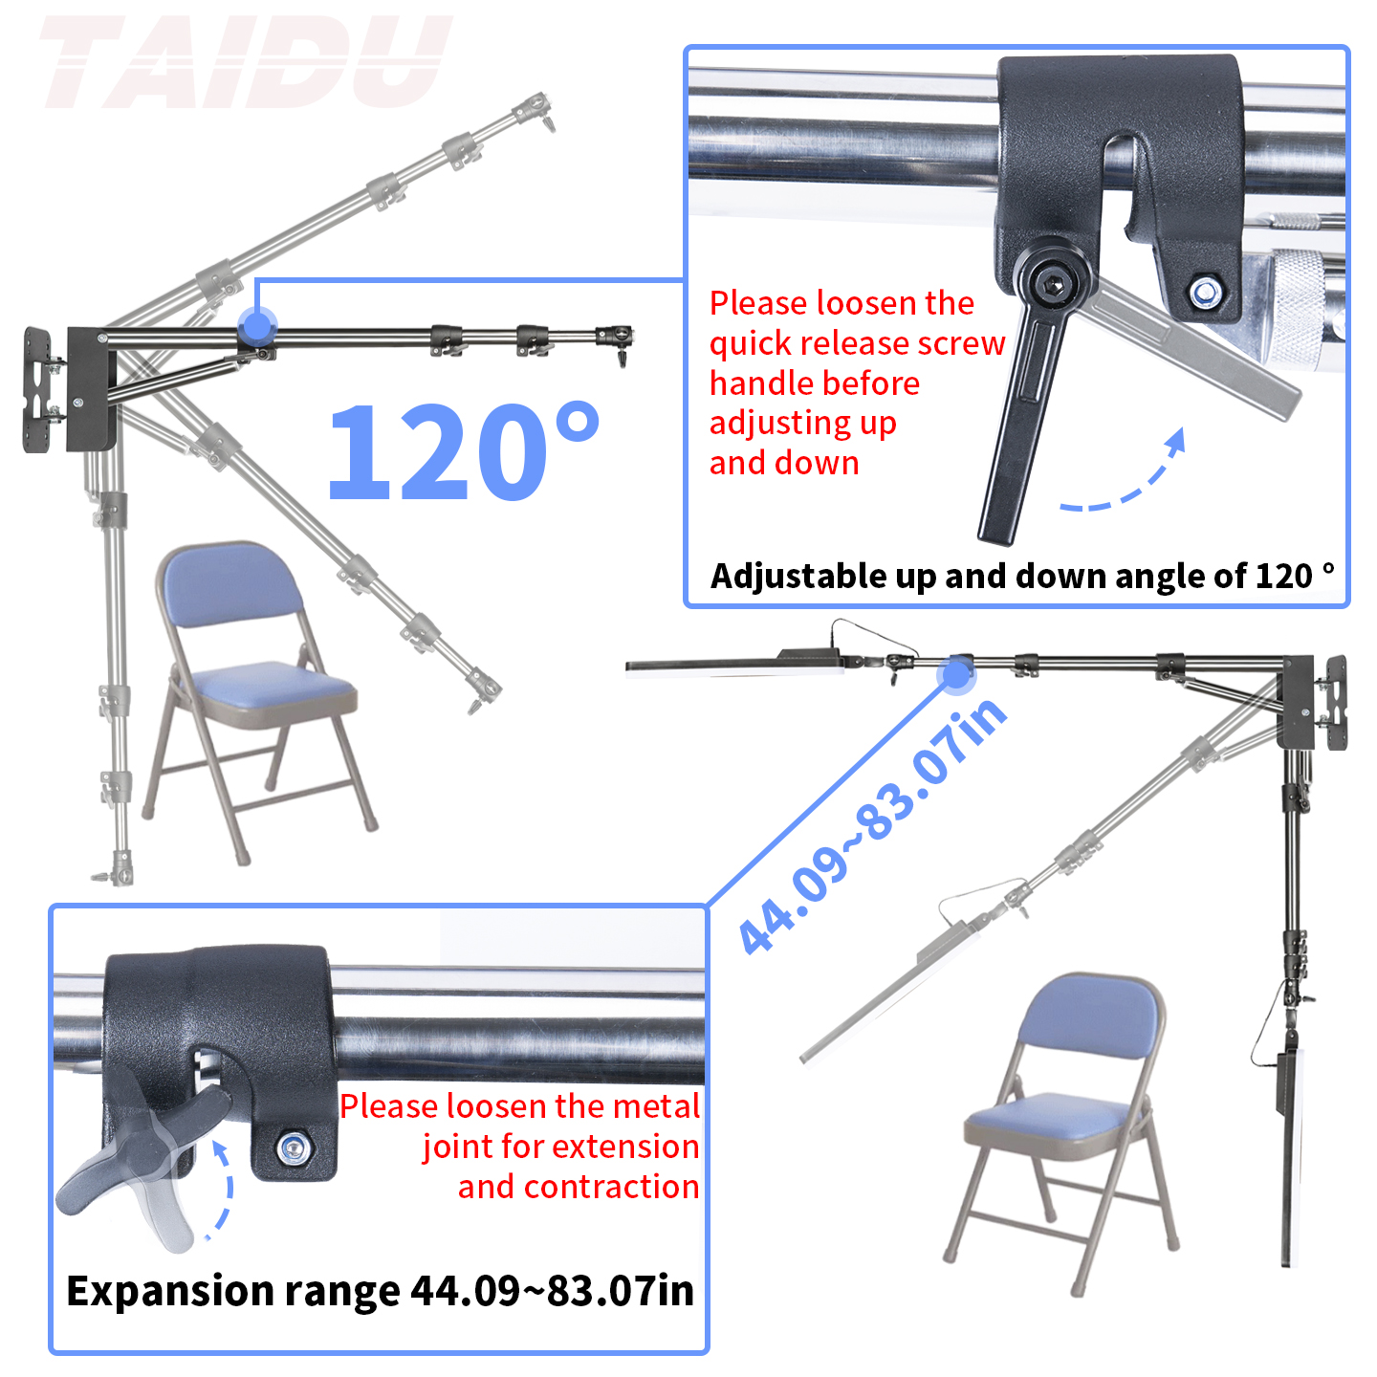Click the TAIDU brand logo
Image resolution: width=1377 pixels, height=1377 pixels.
click(245, 63)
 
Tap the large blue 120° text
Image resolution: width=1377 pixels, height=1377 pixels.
click(463, 451)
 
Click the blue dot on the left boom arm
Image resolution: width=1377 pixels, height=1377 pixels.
click(256, 326)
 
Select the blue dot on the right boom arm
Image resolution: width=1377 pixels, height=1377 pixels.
click(955, 675)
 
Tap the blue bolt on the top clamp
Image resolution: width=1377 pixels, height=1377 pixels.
click(1204, 291)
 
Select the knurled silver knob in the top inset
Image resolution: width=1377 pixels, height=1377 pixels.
click(1306, 306)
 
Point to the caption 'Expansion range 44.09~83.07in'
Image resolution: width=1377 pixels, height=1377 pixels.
click(380, 1291)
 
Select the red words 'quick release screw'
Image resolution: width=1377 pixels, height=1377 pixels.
click(857, 343)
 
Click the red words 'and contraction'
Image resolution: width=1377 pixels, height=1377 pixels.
click(578, 1187)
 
